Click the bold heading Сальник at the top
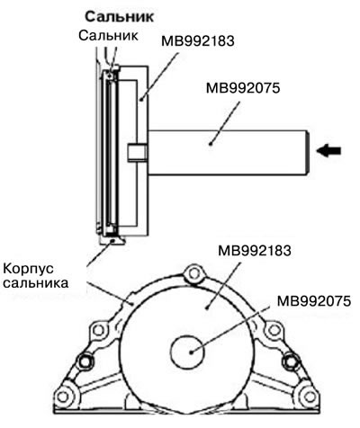(120, 17)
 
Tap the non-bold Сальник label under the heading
(108, 35)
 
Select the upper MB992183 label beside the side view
(198, 41)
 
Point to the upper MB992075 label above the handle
(243, 88)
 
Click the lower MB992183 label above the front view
(255, 250)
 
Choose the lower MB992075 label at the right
(314, 301)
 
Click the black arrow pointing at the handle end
(328, 150)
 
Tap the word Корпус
(28, 269)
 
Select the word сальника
(35, 283)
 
